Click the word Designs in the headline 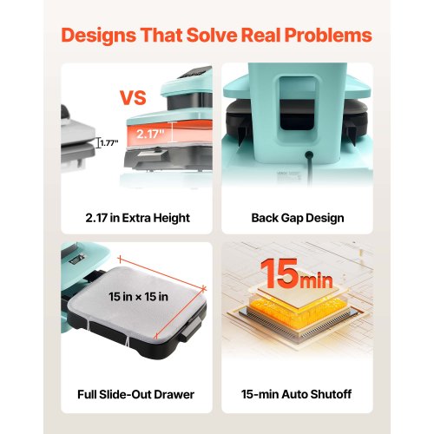(x=99, y=36)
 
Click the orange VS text (x=133, y=98)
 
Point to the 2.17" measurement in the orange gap (x=150, y=134)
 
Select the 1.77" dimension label (x=109, y=143)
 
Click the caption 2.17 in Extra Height (x=138, y=218)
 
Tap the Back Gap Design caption (x=298, y=218)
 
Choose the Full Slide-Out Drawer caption (x=135, y=394)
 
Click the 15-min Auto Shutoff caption (x=297, y=394)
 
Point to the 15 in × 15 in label (x=138, y=297)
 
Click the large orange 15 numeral (x=279, y=273)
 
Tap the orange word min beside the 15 (x=316, y=279)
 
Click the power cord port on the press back (x=309, y=155)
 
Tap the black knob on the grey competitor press (x=64, y=112)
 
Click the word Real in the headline (x=260, y=36)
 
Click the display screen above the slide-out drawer (x=77, y=258)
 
